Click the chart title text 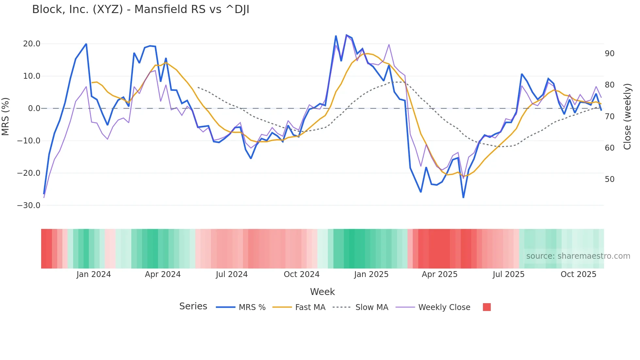click(x=140, y=9)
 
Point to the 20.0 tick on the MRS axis click(x=32, y=44)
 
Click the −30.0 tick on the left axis click(x=29, y=205)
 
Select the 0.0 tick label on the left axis click(x=34, y=108)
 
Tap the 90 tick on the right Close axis click(x=610, y=54)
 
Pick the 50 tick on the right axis click(x=610, y=179)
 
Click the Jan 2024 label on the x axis click(x=94, y=274)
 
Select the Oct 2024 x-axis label click(x=301, y=274)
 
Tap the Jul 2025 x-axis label click(x=508, y=274)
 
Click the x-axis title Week click(x=322, y=292)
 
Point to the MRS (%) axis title click(x=6, y=117)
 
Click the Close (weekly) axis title click(x=627, y=117)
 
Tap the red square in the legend click(x=487, y=307)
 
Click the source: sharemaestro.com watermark click(x=578, y=256)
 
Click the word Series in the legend click(x=193, y=306)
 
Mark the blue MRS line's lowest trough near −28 click(x=463, y=197)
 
